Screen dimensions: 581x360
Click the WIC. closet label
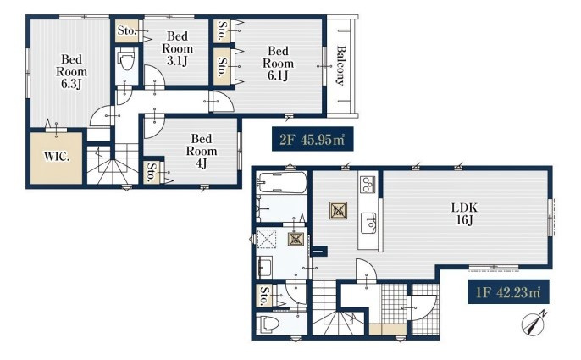click(x=57, y=157)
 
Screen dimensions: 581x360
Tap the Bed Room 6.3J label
click(x=71, y=71)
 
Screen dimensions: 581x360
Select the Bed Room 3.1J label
click(x=178, y=48)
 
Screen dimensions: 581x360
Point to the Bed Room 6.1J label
click(x=278, y=63)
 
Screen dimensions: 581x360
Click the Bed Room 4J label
click(x=202, y=151)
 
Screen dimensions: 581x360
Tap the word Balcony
click(x=340, y=65)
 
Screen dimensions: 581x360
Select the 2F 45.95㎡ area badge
click(x=313, y=139)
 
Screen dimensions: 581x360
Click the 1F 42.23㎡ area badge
click(x=508, y=291)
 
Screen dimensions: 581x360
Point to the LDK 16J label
click(x=464, y=213)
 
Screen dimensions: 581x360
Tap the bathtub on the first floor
click(x=282, y=182)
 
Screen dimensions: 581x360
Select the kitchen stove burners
click(x=368, y=185)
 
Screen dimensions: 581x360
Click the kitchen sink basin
click(x=368, y=223)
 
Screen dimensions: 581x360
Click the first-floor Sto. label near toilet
click(x=264, y=296)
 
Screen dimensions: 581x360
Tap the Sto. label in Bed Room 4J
click(x=151, y=173)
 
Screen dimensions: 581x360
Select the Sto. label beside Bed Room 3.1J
click(x=127, y=30)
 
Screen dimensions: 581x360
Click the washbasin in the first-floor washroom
click(x=264, y=267)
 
